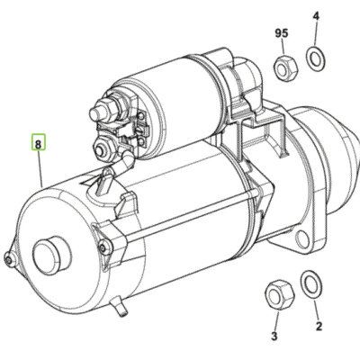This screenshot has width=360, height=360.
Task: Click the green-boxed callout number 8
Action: [38, 141]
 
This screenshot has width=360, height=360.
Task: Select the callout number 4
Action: [316, 16]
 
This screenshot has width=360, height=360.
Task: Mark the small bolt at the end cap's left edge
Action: [8, 261]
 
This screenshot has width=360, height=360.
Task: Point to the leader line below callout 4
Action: [316, 36]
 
